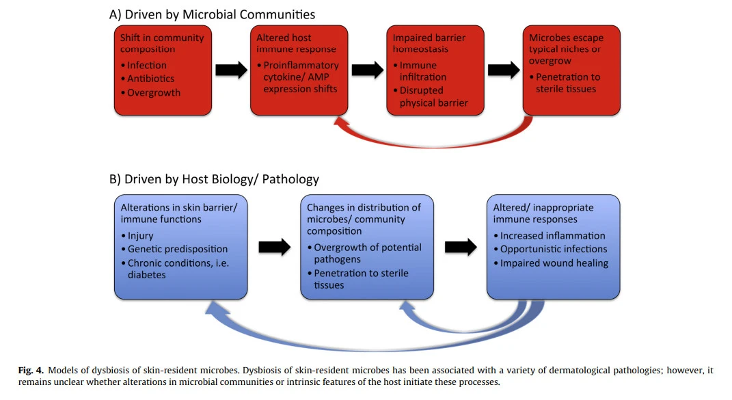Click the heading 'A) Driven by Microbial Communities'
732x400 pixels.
(x=212, y=14)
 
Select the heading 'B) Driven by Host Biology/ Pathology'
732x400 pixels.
(x=214, y=179)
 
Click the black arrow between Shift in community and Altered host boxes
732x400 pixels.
(x=231, y=70)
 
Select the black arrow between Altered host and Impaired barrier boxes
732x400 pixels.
(x=368, y=70)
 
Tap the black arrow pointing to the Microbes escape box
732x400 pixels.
(x=504, y=70)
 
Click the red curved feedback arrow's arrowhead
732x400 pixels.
(x=341, y=123)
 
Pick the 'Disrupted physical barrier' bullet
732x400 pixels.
(x=431, y=96)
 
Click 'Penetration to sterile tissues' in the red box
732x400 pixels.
(x=565, y=83)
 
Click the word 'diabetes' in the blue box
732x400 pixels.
(x=146, y=275)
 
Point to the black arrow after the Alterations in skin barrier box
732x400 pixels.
(x=275, y=248)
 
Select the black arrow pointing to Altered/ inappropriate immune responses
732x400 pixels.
(x=461, y=248)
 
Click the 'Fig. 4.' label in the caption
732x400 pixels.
(x=31, y=371)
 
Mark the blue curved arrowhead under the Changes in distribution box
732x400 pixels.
(x=407, y=307)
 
